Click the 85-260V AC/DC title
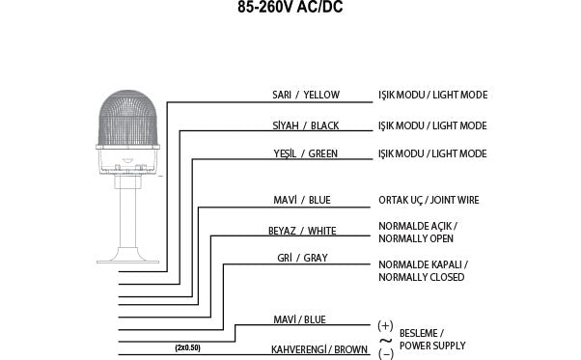tap(290, 9)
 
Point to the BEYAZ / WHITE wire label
tap(302, 232)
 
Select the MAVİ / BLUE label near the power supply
tap(324, 319)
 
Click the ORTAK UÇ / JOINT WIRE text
tap(429, 201)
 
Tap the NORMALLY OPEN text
tap(415, 237)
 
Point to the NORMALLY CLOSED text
tap(422, 277)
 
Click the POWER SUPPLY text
tap(432, 345)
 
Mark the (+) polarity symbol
tap(385, 326)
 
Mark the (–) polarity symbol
tap(385, 353)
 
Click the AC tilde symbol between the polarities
tap(385, 340)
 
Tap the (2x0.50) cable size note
tap(188, 347)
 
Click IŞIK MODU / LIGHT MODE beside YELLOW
tap(432, 96)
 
